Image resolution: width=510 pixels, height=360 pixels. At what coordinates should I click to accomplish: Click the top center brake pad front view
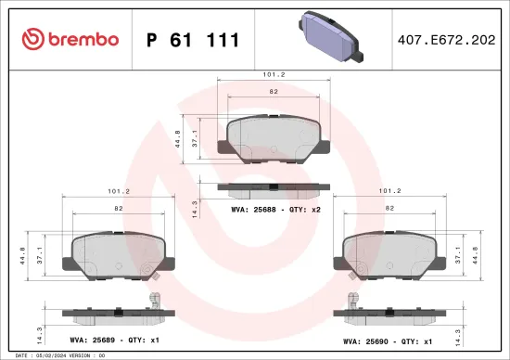[267, 138]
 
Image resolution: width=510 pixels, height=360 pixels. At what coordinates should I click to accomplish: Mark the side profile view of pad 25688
[267, 188]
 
